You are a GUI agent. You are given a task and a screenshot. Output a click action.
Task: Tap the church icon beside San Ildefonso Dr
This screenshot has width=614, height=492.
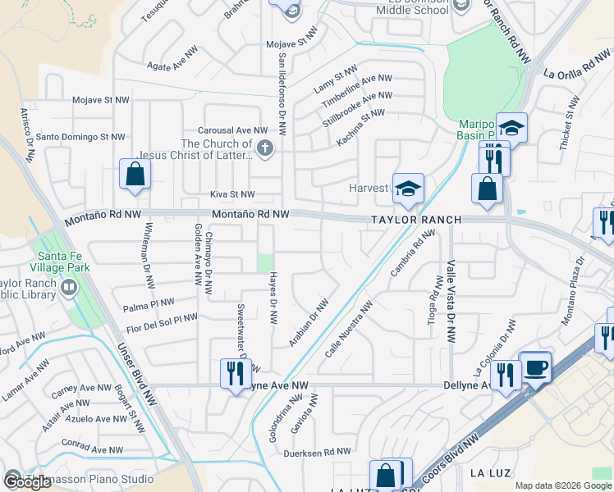tap(264, 148)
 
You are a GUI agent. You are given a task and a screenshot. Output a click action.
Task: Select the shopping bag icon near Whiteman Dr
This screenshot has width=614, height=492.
tap(135, 175)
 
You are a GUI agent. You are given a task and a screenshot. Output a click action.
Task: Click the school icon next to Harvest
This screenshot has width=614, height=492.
tap(407, 189)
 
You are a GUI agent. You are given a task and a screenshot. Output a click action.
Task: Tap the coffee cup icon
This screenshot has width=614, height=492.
tap(535, 367)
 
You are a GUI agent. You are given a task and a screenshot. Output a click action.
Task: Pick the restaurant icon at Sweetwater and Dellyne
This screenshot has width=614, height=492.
tap(236, 373)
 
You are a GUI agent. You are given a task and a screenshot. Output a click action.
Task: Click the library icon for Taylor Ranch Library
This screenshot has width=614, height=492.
tap(68, 288)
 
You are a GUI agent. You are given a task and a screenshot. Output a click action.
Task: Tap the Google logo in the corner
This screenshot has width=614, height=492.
tap(27, 482)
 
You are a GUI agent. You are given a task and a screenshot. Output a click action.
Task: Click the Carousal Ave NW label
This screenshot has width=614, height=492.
tap(231, 130)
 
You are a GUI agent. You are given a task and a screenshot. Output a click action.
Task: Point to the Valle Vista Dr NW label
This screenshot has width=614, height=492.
tap(451, 301)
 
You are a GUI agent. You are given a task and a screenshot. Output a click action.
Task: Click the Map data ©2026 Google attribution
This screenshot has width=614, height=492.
tap(563, 485)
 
